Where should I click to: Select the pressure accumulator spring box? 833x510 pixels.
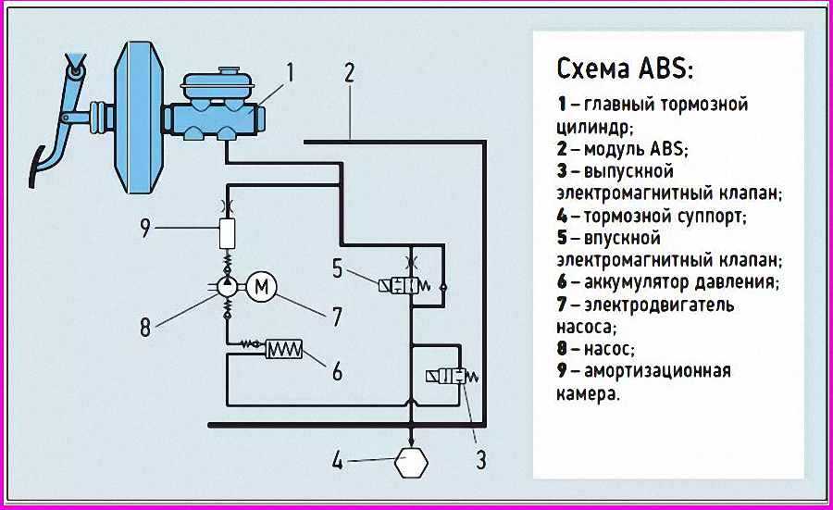[284, 348]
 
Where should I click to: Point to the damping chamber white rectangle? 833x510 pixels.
[228, 233]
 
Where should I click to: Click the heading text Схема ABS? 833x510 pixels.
[625, 69]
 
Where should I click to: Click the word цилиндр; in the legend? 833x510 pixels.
[598, 127]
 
